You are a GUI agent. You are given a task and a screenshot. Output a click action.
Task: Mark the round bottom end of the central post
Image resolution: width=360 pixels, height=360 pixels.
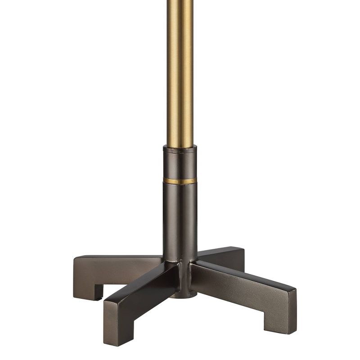coord(185,295)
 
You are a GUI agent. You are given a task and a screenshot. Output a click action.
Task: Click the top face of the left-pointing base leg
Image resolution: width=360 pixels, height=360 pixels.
coord(121,260)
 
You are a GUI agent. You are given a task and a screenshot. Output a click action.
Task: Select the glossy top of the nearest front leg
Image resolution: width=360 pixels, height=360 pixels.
coord(135,288)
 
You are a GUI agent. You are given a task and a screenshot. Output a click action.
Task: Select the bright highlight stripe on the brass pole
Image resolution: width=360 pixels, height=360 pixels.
coord(176,67)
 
